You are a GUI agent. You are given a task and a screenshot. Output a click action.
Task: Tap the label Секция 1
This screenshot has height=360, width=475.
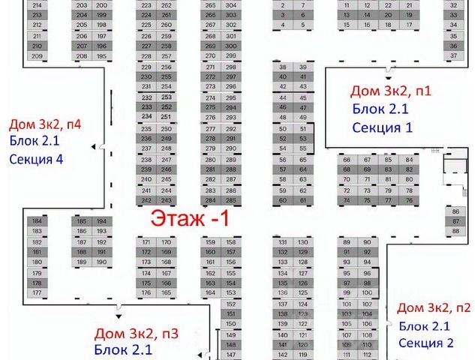tap(383, 127)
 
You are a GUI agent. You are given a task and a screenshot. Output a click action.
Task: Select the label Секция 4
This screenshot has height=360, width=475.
tap(36, 158)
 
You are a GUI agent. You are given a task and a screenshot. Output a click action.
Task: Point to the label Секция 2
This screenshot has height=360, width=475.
tap(425, 343)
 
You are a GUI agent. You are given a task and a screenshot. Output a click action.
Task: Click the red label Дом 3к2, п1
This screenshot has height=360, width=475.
tap(391, 91)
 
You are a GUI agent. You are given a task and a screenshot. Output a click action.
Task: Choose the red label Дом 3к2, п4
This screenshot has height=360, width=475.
tap(44, 124)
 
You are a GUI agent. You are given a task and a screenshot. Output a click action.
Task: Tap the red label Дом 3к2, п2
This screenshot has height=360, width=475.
tap(434, 307)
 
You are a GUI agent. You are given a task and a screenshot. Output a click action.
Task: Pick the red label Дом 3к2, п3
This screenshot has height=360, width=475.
tap(136, 334)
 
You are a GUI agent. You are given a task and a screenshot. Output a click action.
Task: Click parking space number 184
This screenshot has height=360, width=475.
tap(37, 221)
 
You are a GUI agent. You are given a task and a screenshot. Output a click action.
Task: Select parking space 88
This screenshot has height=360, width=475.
tap(455, 231)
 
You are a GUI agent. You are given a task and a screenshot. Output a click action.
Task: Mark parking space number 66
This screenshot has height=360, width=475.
tap(347, 160)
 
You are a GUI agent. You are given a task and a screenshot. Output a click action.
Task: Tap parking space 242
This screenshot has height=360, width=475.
tap(146, 200)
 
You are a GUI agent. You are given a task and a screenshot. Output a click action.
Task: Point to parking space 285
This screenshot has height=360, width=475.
tap(230, 200)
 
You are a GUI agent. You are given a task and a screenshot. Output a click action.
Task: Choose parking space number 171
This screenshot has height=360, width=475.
tap(146, 242)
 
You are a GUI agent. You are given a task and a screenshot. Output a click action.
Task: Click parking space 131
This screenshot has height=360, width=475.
tap(283, 242)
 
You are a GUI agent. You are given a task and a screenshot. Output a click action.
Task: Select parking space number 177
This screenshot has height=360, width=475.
tap(37, 293)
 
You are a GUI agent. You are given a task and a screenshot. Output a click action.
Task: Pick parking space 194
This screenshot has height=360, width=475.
tap(101, 221)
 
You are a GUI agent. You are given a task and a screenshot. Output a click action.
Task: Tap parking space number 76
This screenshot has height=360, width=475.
tap(409, 200)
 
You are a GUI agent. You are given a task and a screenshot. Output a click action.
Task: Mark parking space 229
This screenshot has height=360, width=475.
tap(146, 67)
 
